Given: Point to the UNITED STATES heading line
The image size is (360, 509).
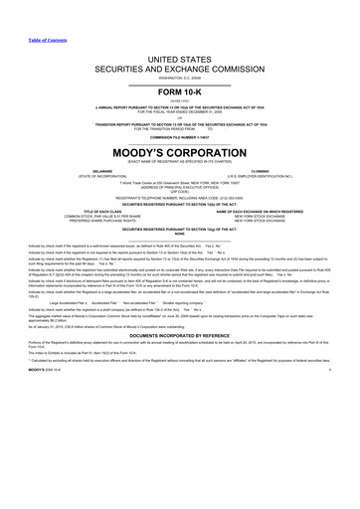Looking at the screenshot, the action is pyautogui.click(x=180, y=62).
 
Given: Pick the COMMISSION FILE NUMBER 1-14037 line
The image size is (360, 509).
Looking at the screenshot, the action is pyautogui.click(x=180, y=136).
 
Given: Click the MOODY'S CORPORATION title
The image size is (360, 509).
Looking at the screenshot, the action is pyautogui.click(x=180, y=155).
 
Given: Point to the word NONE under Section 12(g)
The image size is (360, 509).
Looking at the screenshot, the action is pyautogui.click(x=180, y=235).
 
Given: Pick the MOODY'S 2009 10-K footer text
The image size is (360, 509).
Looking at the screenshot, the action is pyautogui.click(x=23, y=397).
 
